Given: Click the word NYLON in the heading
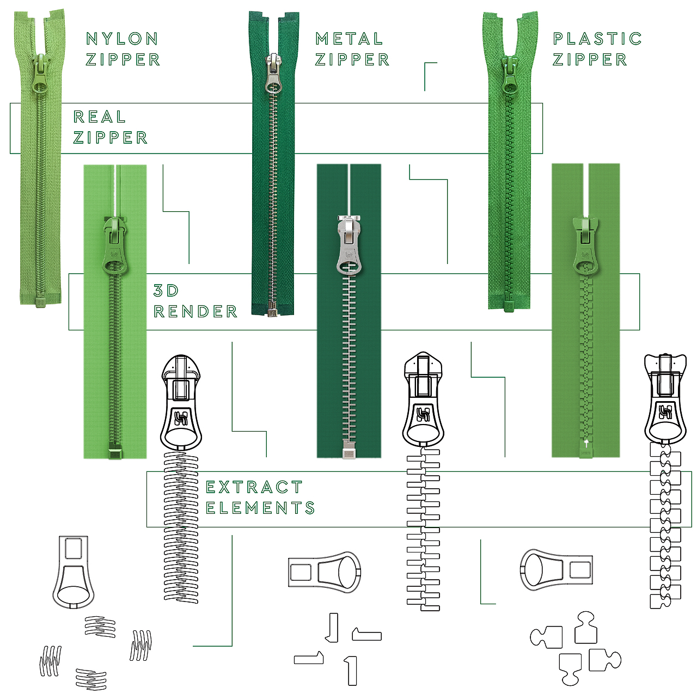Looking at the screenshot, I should (x=123, y=39).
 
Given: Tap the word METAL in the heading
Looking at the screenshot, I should (x=350, y=39).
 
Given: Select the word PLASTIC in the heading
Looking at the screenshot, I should (x=597, y=39).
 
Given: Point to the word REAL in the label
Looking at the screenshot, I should (x=100, y=117).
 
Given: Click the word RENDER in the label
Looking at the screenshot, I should (x=195, y=311).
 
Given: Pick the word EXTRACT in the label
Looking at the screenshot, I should (x=254, y=487).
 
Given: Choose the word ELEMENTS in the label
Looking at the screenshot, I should (x=260, y=508).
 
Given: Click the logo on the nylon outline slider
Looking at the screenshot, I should (x=181, y=418).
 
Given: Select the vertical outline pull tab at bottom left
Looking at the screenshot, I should (x=74, y=572).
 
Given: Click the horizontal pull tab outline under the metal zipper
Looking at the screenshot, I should (x=325, y=572).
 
